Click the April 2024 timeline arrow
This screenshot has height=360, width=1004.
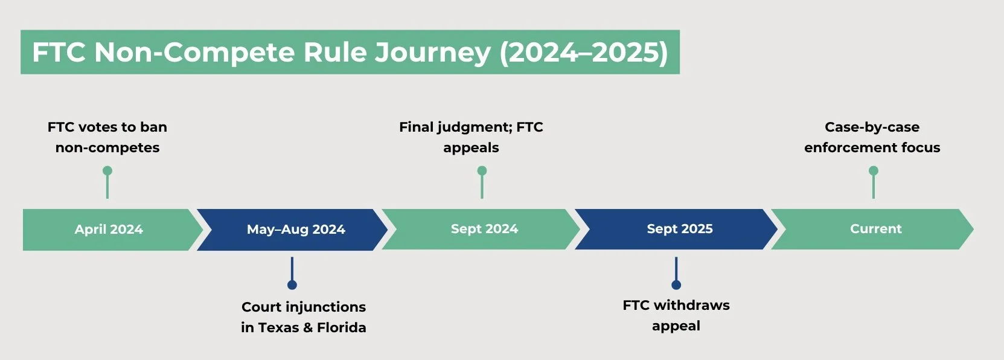coord(109,230)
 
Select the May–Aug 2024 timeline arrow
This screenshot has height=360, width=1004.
coord(295,230)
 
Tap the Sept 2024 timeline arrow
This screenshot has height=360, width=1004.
coord(484,229)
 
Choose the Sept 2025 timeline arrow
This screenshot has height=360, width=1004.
coord(679,229)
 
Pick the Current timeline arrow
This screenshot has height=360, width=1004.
coord(875,229)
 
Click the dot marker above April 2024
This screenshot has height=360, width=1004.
coord(107,171)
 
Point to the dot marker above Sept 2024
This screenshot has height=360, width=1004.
coord(482,171)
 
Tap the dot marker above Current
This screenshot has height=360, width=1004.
coord(874,171)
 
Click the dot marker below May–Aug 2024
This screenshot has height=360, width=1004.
coord(292,284)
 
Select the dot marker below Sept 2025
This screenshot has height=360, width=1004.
coord(676,284)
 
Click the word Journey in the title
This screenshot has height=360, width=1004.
coord(432,53)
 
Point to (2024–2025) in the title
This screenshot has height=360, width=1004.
coord(583,53)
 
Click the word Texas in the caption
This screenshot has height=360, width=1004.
coord(280,327)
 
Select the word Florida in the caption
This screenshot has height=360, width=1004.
coord(342,327)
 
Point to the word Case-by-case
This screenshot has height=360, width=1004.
coord(872,127)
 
